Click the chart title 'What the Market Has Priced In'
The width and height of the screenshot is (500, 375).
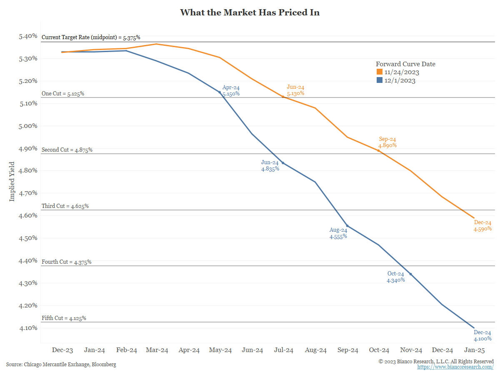(250, 12)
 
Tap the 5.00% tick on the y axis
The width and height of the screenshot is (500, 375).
(28, 126)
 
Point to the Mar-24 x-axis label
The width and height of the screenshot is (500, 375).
(157, 350)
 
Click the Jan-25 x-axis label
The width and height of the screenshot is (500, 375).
(474, 350)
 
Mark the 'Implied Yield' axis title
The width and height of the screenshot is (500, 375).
(12, 181)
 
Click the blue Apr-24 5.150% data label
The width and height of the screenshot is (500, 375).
(231, 91)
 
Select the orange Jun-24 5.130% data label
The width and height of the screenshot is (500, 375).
(295, 90)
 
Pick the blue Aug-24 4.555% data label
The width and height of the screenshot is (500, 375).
(338, 233)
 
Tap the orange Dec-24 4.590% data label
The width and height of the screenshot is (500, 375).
(482, 225)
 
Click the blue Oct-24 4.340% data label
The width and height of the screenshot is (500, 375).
(395, 277)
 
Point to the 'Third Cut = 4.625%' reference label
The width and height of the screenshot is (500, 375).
(65, 206)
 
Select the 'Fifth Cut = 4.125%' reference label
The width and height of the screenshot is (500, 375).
(64, 318)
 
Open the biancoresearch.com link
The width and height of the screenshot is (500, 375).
(455, 367)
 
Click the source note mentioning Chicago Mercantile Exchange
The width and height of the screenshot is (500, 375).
(61, 365)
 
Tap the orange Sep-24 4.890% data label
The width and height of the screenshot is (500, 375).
(387, 142)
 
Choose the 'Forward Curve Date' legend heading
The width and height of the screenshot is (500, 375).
(405, 64)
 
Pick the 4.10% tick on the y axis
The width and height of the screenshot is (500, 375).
(28, 328)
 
